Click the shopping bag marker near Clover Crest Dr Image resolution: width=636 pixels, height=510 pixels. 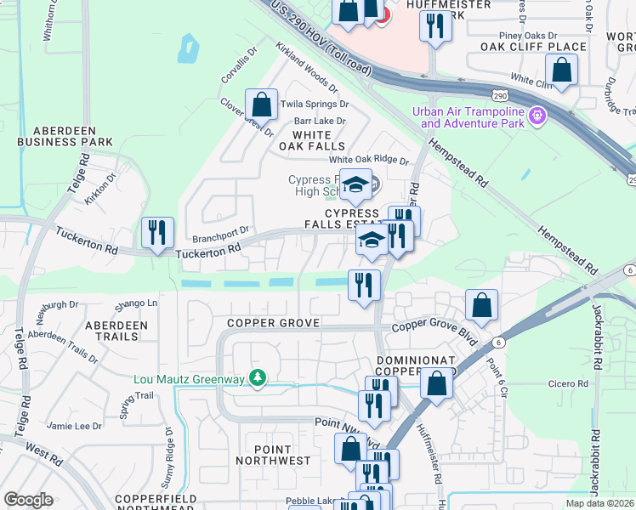(262, 106)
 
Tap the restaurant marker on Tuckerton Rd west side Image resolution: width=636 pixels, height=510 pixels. (157, 234)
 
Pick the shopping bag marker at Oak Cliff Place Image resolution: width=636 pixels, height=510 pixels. (562, 71)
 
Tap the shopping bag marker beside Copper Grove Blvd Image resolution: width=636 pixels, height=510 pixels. (482, 306)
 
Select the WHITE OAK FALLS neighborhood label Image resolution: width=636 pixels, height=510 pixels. (306, 140)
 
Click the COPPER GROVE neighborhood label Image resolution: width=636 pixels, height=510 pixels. (273, 323)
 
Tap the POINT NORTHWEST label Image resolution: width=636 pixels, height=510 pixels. (283, 455)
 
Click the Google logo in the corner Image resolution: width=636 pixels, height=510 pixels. (28, 500)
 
